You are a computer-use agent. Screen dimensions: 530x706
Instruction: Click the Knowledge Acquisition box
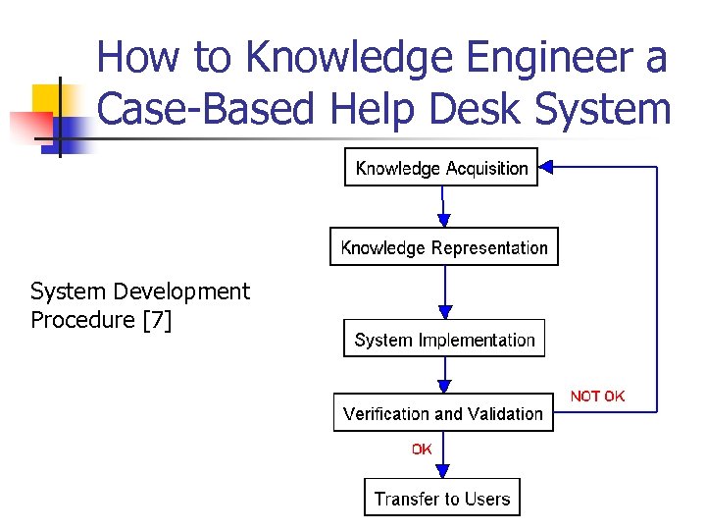pyautogui.click(x=441, y=168)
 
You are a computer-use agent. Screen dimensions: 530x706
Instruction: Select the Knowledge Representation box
pyautogui.click(x=444, y=247)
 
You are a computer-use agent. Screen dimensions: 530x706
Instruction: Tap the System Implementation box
pyautogui.click(x=444, y=340)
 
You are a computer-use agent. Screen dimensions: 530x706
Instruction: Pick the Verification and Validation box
pyautogui.click(x=443, y=413)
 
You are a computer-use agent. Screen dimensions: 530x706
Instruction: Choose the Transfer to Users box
pyautogui.click(x=442, y=499)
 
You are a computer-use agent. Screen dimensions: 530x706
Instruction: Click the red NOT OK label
pyautogui.click(x=597, y=396)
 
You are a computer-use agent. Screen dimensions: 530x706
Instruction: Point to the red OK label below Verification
pyautogui.click(x=422, y=449)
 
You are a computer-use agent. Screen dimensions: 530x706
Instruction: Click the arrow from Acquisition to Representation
pyautogui.click(x=443, y=208)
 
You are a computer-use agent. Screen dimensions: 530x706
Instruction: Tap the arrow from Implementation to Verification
pyautogui.click(x=444, y=375)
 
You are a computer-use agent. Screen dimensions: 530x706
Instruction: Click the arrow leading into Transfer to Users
pyautogui.click(x=444, y=456)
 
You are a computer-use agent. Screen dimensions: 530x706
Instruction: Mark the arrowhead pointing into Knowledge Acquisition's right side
pyautogui.click(x=547, y=168)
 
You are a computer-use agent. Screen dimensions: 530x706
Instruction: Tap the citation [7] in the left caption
pyautogui.click(x=157, y=320)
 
